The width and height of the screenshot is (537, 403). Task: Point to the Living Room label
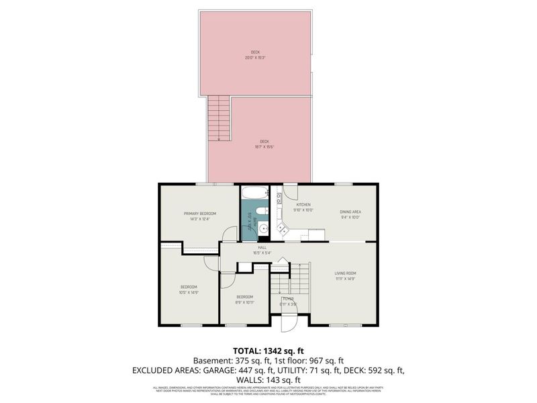coord(346,273)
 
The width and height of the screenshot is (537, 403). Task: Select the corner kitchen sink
coord(283,231)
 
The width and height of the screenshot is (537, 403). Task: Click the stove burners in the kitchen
coord(277,196)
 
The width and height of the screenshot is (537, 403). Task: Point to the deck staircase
coord(219,118)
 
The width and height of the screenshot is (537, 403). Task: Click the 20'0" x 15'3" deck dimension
coord(255,58)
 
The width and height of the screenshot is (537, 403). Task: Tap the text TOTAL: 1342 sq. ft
coord(268,351)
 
